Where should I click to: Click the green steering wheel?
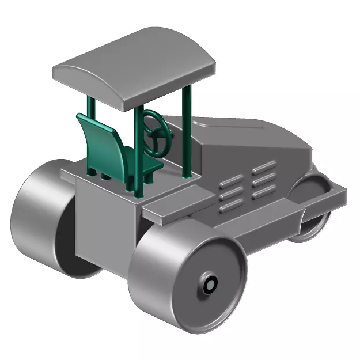(157, 133)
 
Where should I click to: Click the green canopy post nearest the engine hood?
(186, 132)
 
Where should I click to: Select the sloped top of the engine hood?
(248, 135)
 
